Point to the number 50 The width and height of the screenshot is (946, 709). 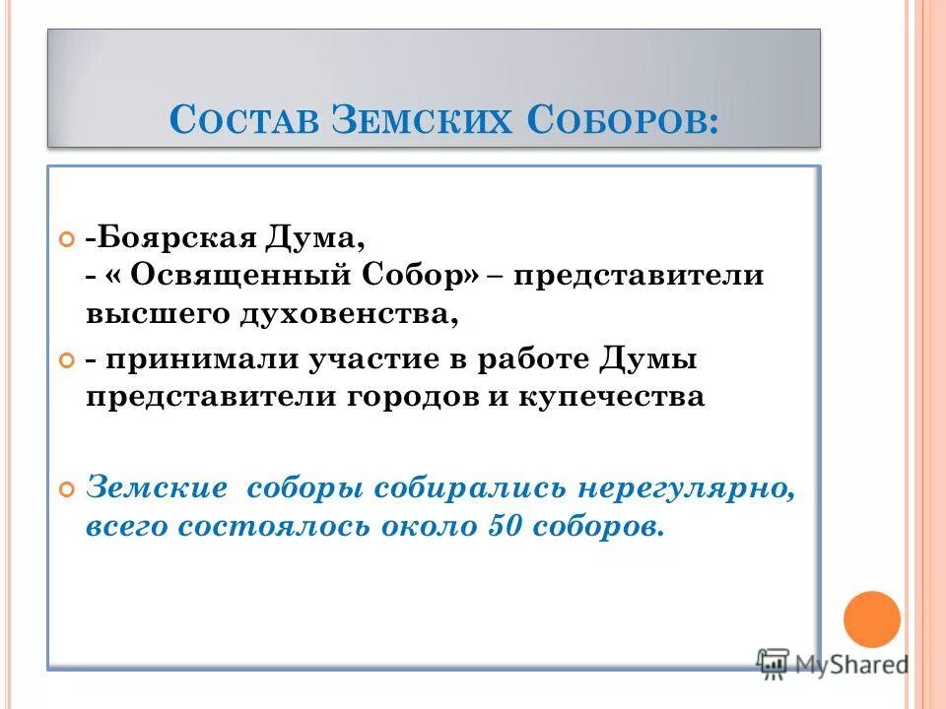pos(506,525)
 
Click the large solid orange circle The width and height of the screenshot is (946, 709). pos(872,619)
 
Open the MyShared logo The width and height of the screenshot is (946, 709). pos(833,663)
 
